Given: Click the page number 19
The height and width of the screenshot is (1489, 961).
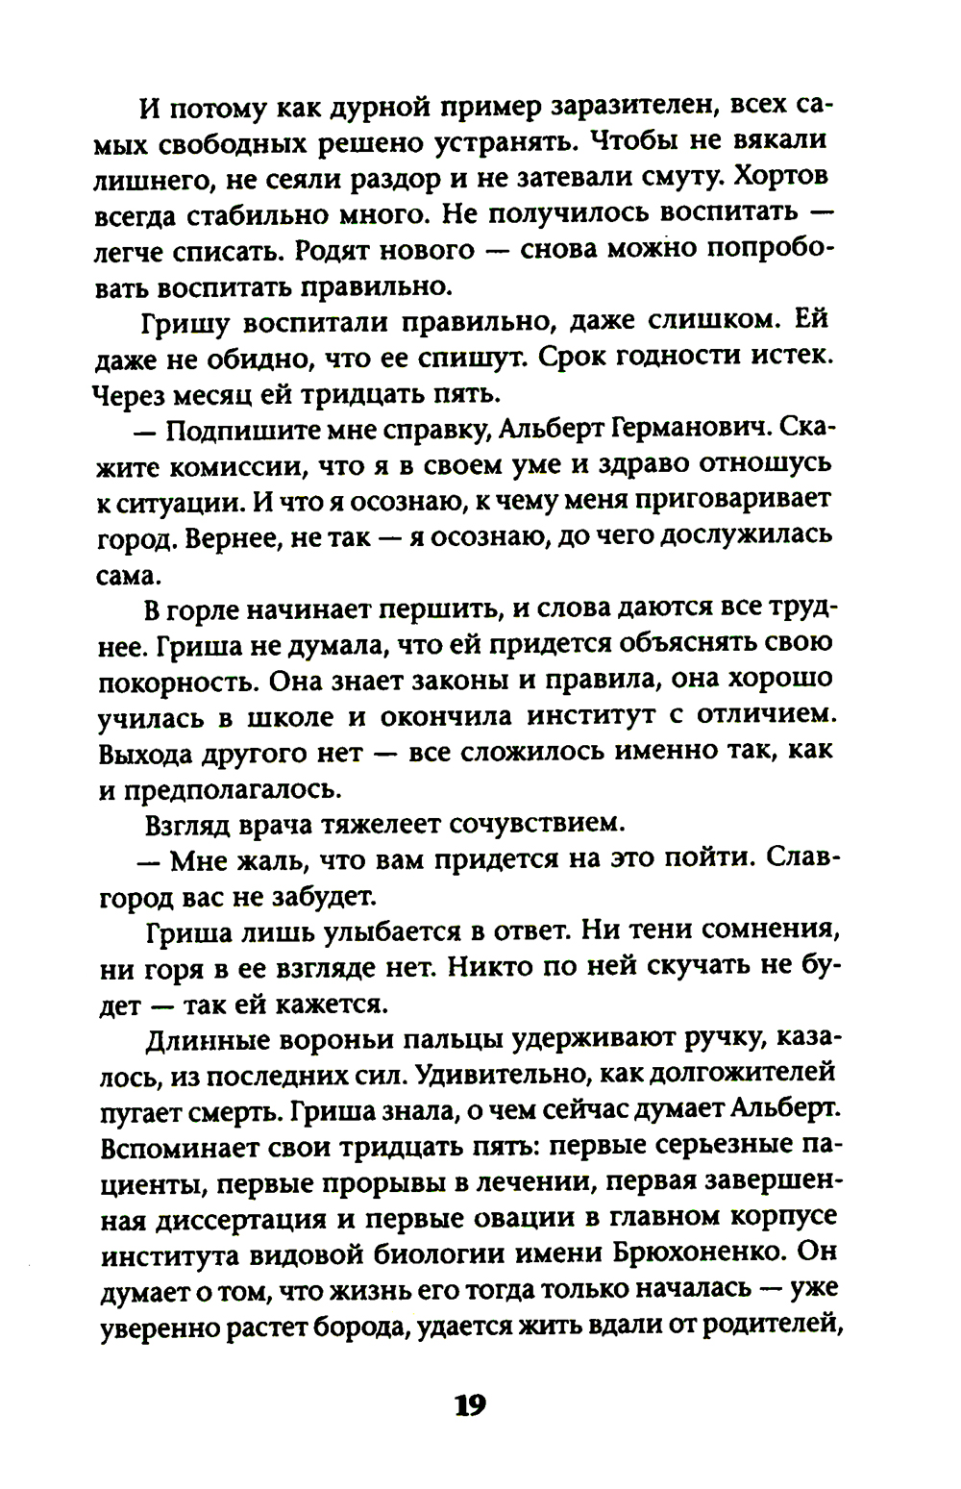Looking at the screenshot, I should pos(471,1406).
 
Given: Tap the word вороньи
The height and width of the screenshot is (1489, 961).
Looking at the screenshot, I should pos(330,1040).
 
